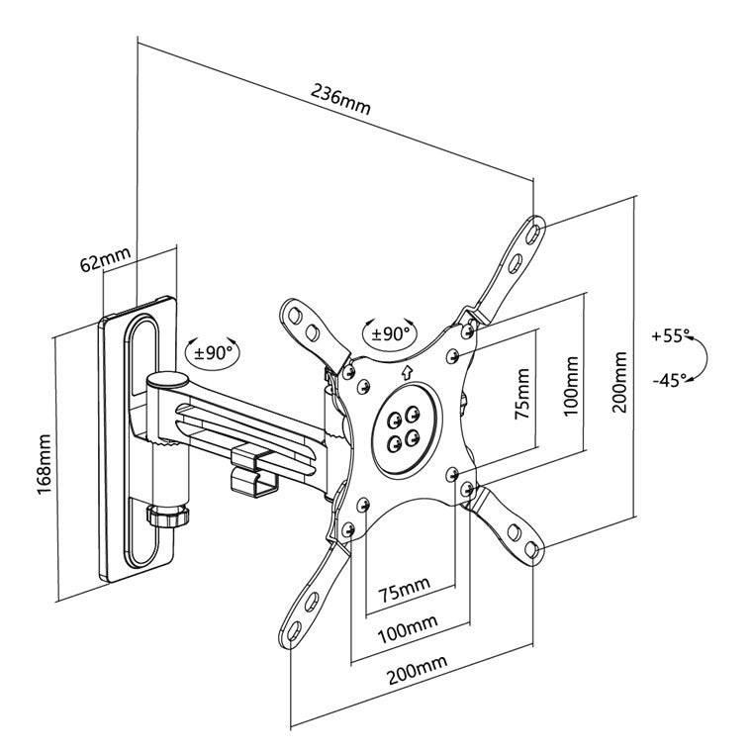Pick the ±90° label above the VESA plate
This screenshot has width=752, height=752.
click(391, 332)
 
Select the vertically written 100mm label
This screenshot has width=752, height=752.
click(571, 380)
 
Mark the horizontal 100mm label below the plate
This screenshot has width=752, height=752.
click(407, 625)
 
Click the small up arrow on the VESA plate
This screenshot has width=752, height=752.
click(408, 374)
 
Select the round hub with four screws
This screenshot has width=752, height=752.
click(402, 427)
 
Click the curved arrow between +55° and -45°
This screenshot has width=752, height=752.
click(699, 358)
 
